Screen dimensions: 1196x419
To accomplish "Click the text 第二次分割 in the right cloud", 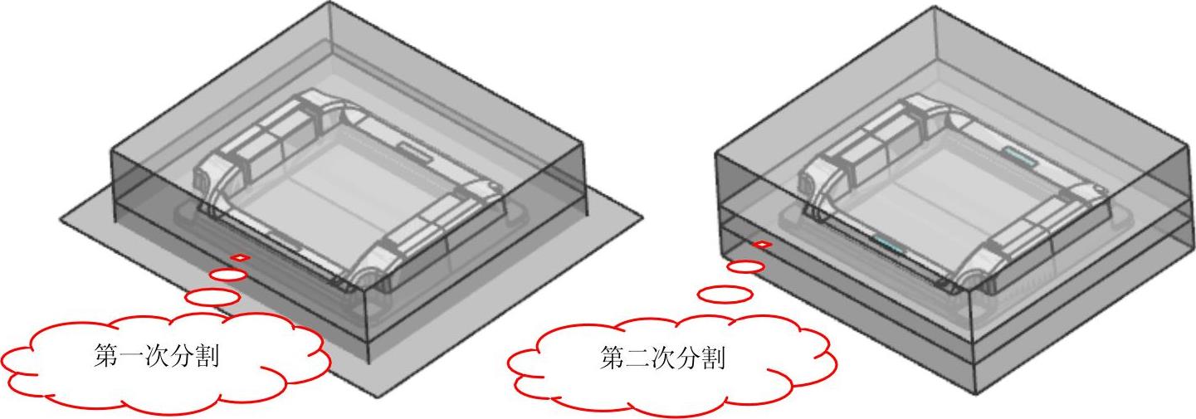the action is click(x=661, y=359).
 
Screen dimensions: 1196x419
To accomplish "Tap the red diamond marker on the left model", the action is click(x=239, y=258).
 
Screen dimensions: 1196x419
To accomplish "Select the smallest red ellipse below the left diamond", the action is click(x=227, y=275).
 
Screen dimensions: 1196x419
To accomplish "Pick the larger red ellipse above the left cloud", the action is click(x=212, y=295).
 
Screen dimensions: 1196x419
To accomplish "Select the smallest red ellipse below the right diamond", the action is click(x=746, y=266).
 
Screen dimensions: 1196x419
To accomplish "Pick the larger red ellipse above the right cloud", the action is click(x=725, y=294).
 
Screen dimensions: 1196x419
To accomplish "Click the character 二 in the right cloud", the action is click(x=636, y=359).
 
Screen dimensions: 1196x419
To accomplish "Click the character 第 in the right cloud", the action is click(x=610, y=359).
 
